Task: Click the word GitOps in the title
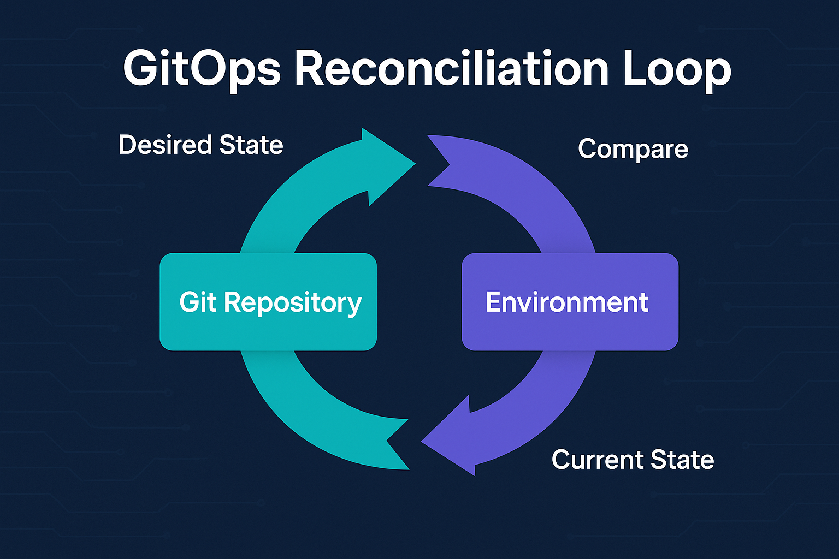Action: [x=202, y=70]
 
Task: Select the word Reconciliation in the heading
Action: [x=452, y=69]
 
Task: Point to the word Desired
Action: [x=166, y=145]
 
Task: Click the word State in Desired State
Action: [x=251, y=145]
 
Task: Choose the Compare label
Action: [x=633, y=149]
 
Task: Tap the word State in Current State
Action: [x=683, y=460]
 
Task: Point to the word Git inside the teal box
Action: [x=198, y=302]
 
